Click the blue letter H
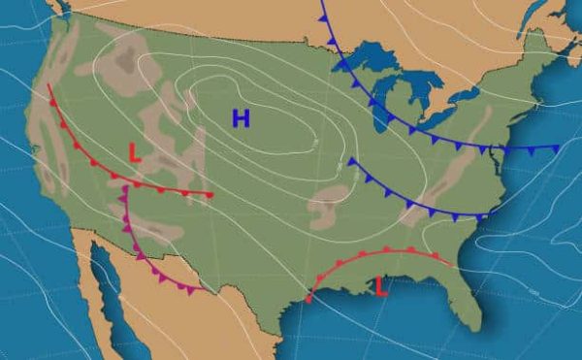241,118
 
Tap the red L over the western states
135,152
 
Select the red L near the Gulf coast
381,285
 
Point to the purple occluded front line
136,244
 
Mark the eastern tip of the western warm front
210,195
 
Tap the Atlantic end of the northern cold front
557,148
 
